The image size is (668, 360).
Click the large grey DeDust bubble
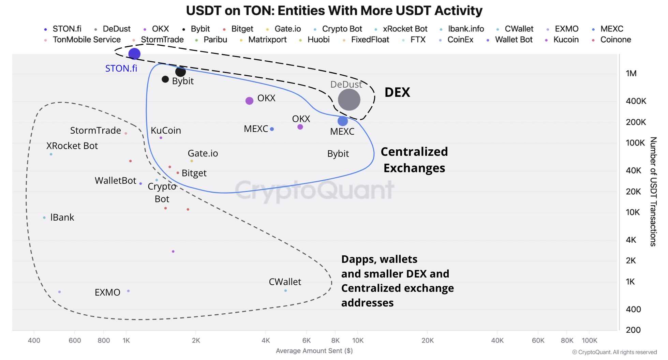(x=349, y=100)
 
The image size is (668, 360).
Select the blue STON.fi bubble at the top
(x=134, y=54)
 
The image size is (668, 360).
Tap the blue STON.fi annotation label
(x=121, y=69)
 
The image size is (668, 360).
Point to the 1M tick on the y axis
(x=631, y=73)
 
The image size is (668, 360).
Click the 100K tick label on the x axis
(x=589, y=340)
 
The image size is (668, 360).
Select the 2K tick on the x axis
(x=196, y=340)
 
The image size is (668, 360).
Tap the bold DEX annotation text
(x=397, y=92)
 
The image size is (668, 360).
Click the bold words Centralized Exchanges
(x=414, y=160)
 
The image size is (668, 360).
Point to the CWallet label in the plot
(x=285, y=282)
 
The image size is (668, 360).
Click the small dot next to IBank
(x=44, y=217)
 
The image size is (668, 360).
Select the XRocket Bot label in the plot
(x=72, y=146)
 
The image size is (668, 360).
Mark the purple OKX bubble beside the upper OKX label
(x=249, y=101)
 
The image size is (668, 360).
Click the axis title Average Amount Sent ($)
(x=314, y=350)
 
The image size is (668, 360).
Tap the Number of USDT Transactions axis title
(x=653, y=191)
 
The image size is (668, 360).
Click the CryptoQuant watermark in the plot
(x=314, y=190)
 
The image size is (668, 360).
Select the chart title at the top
(x=334, y=11)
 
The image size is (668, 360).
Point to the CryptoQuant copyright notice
(x=614, y=352)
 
